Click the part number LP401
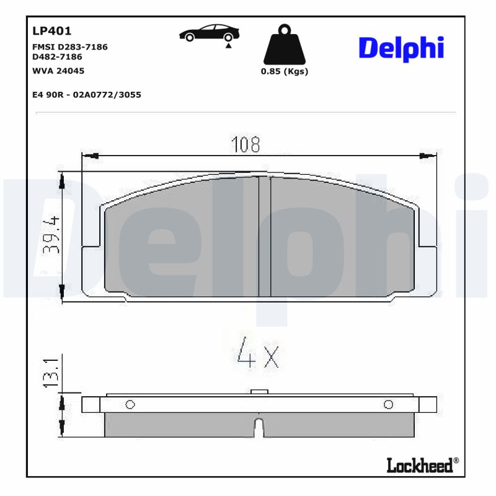coord(51,30)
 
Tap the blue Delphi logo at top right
coord(401,48)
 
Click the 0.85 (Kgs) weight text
coord(284,71)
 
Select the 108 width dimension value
coord(246,144)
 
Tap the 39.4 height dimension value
coord(51,235)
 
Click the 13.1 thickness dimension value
coord(51,373)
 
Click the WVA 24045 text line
coord(58,71)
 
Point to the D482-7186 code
coord(57,56)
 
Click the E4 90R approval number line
coord(86,95)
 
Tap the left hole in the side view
coord(130,405)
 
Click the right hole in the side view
coord(388,405)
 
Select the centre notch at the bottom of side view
coord(259,428)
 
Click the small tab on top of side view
coord(259,391)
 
